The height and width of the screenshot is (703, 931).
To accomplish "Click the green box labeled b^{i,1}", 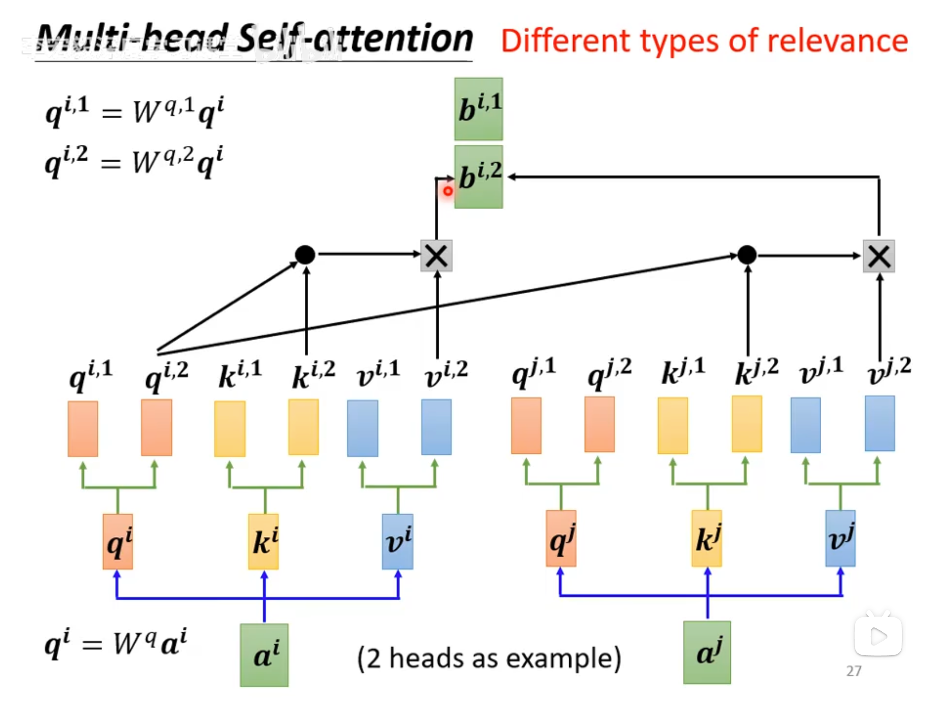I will [x=479, y=109].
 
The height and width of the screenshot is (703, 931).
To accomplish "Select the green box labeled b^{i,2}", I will [x=479, y=177].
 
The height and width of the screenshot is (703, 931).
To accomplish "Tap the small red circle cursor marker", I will [x=447, y=191].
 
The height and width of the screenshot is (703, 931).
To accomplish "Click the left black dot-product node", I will [x=305, y=254].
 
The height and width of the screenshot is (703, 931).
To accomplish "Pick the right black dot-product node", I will [x=747, y=255].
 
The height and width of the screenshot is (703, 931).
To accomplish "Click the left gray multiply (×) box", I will [x=437, y=256].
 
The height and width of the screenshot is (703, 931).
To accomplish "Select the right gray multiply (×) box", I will [x=879, y=256].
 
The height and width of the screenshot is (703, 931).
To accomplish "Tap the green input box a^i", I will [x=264, y=655].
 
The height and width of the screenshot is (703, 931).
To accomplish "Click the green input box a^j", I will [x=707, y=652].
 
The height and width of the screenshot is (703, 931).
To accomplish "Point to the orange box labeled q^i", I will [x=118, y=541].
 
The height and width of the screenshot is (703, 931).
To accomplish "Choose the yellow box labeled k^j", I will [x=707, y=538].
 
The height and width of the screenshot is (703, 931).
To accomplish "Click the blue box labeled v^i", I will [x=398, y=541].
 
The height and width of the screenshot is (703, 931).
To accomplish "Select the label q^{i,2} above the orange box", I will [x=166, y=375].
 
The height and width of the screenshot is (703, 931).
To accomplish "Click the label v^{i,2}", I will [x=446, y=375].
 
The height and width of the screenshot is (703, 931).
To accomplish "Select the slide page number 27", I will [x=854, y=671].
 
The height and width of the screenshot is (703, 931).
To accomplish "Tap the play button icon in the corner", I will [x=878, y=635].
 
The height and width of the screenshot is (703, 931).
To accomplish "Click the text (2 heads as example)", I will [x=489, y=658].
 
